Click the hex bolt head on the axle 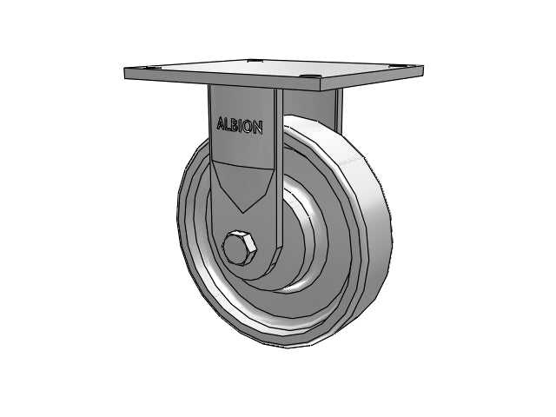(x=240, y=248)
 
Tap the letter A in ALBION (x=221, y=124)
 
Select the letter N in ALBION (x=257, y=128)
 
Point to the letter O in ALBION (x=248, y=127)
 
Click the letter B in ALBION (x=235, y=125)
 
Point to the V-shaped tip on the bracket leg (x=242, y=212)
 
